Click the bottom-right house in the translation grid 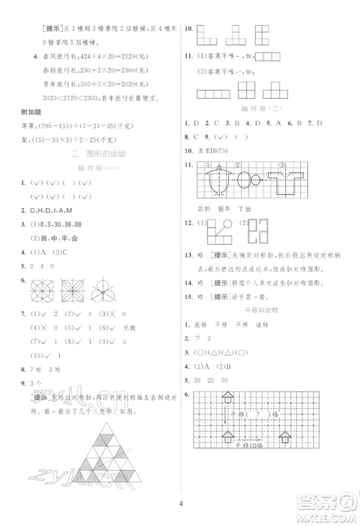(x=284, y=437)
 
